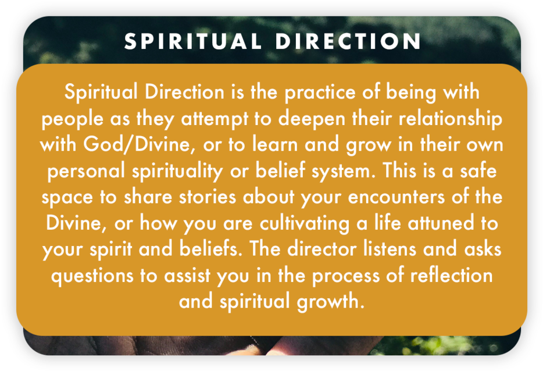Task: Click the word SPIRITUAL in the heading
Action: (192, 41)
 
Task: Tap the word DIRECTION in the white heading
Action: (348, 41)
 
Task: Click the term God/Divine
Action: (137, 144)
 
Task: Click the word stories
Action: (208, 197)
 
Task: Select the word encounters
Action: (396, 198)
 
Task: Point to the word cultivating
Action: (305, 223)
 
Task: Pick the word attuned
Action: (441, 223)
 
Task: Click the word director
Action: (321, 249)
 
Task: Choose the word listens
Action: (390, 249)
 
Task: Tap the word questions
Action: (92, 276)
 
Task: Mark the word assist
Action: (187, 276)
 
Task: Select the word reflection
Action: (451, 275)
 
